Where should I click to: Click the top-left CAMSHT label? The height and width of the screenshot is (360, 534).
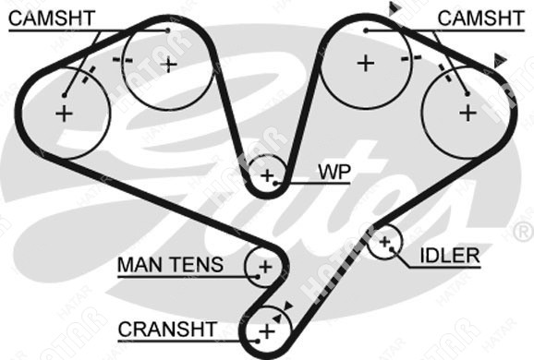click(52, 18)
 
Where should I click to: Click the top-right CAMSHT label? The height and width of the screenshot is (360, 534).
click(480, 18)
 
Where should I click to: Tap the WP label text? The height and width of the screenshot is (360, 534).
click(334, 173)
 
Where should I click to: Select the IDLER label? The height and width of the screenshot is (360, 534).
click(450, 256)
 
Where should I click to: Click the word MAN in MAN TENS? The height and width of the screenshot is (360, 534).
click(141, 265)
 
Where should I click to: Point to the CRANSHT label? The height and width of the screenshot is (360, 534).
click(167, 329)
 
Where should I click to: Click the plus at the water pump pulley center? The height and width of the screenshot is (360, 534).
click(267, 175)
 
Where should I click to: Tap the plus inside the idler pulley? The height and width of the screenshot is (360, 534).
click(385, 242)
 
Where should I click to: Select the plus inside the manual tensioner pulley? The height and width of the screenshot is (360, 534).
click(265, 267)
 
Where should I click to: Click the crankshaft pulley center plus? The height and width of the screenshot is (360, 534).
click(267, 331)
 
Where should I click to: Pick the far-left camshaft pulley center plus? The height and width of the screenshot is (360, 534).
click(64, 114)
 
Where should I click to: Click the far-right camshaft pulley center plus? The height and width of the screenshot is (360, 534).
click(467, 113)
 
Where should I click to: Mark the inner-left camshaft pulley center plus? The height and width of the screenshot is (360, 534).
click(169, 65)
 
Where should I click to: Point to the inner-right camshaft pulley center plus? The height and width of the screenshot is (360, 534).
click(366, 64)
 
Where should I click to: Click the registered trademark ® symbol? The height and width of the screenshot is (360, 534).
click(523, 232)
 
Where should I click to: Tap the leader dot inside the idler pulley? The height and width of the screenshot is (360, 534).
click(392, 249)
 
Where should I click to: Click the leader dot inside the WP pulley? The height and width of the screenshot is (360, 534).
click(275, 184)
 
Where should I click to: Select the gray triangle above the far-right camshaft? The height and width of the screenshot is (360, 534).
click(500, 60)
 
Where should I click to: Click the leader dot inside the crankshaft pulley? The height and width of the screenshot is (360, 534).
click(258, 341)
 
